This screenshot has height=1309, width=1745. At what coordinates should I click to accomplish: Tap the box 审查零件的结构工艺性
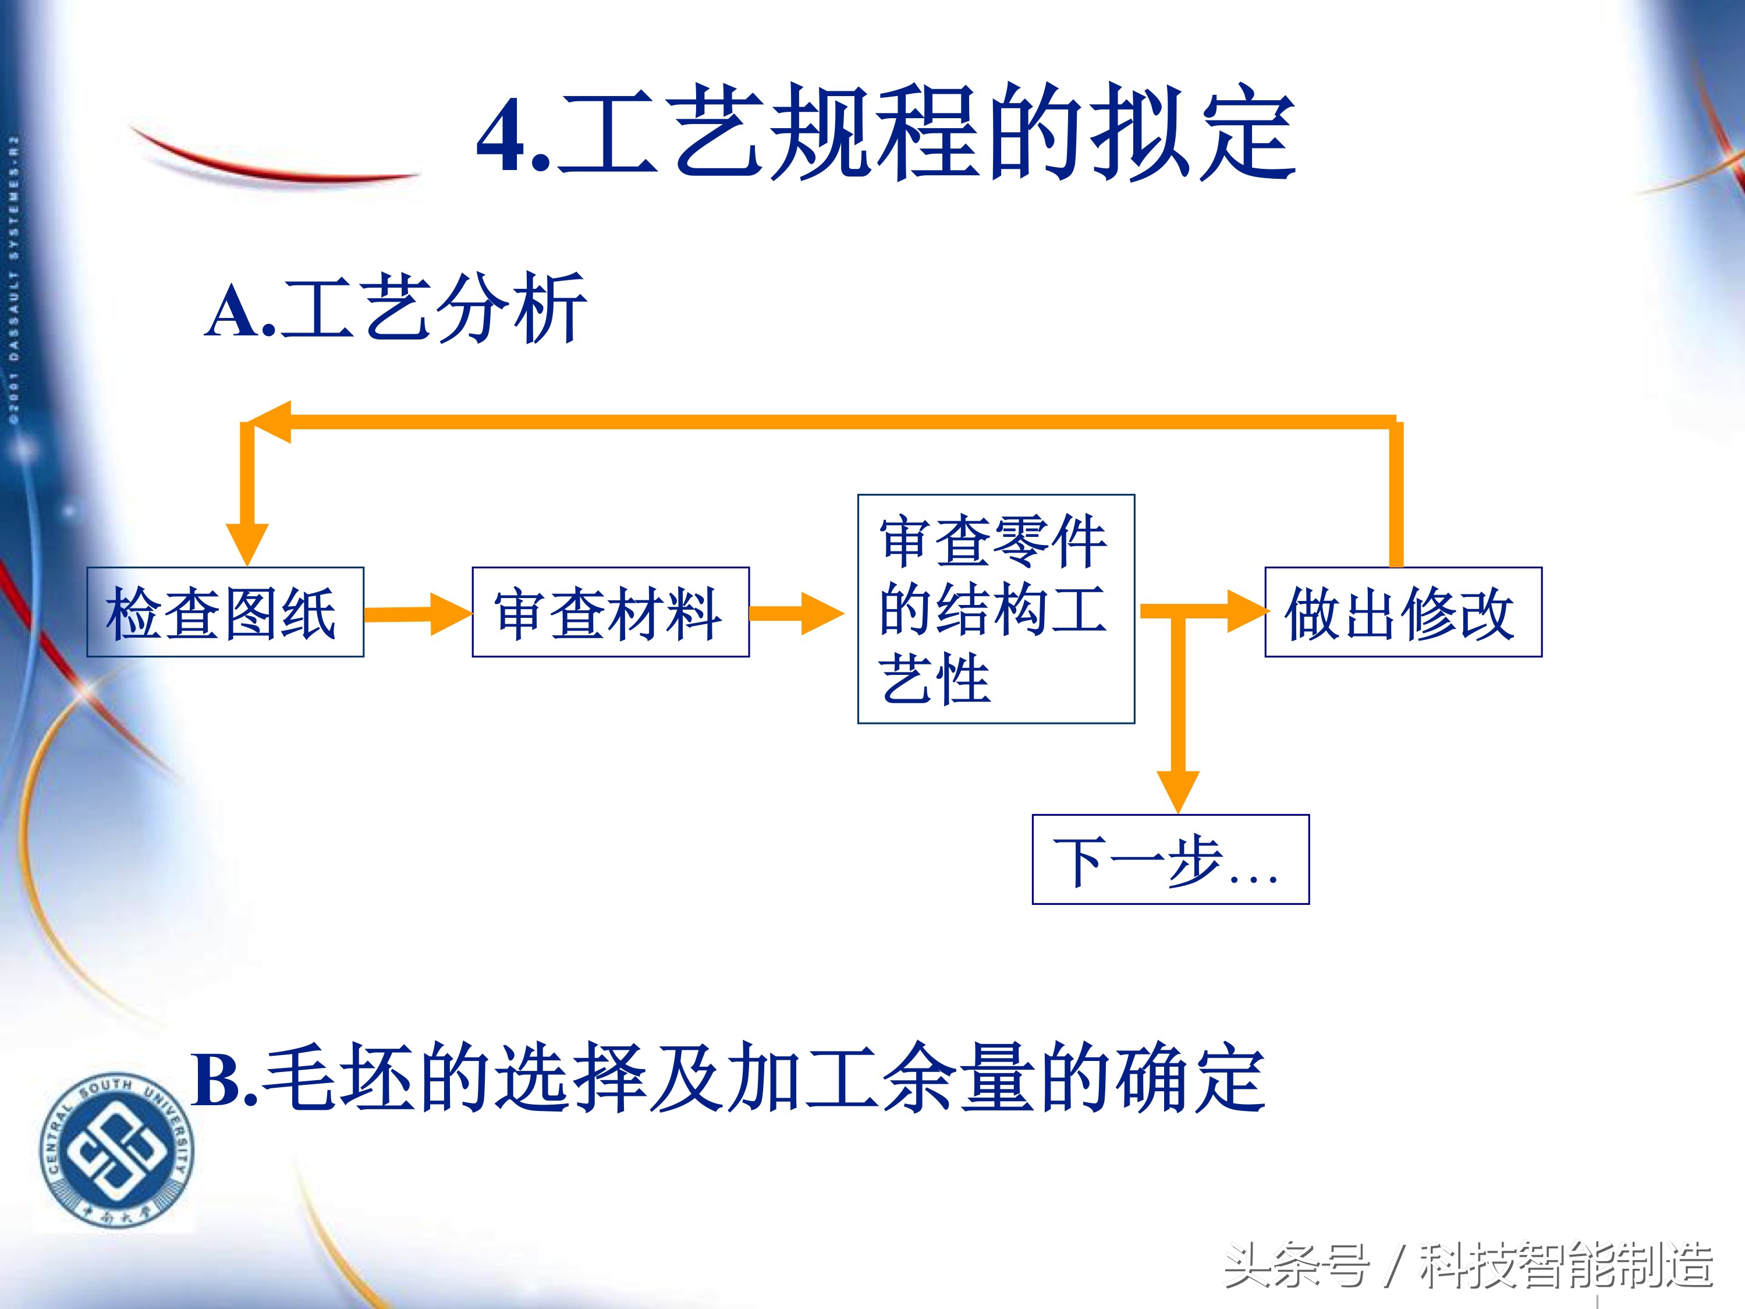[x=995, y=608]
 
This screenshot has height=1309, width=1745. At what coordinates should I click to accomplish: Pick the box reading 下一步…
[x=1170, y=859]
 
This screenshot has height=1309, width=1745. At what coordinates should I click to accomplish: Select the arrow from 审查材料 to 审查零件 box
[x=795, y=613]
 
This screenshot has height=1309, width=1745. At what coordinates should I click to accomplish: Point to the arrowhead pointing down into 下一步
[x=1178, y=791]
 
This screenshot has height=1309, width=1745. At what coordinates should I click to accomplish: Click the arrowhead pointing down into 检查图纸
[x=247, y=543]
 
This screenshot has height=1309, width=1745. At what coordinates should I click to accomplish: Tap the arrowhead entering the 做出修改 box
[x=1246, y=611]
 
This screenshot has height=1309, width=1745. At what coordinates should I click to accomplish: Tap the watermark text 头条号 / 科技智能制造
[x=1467, y=1265]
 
